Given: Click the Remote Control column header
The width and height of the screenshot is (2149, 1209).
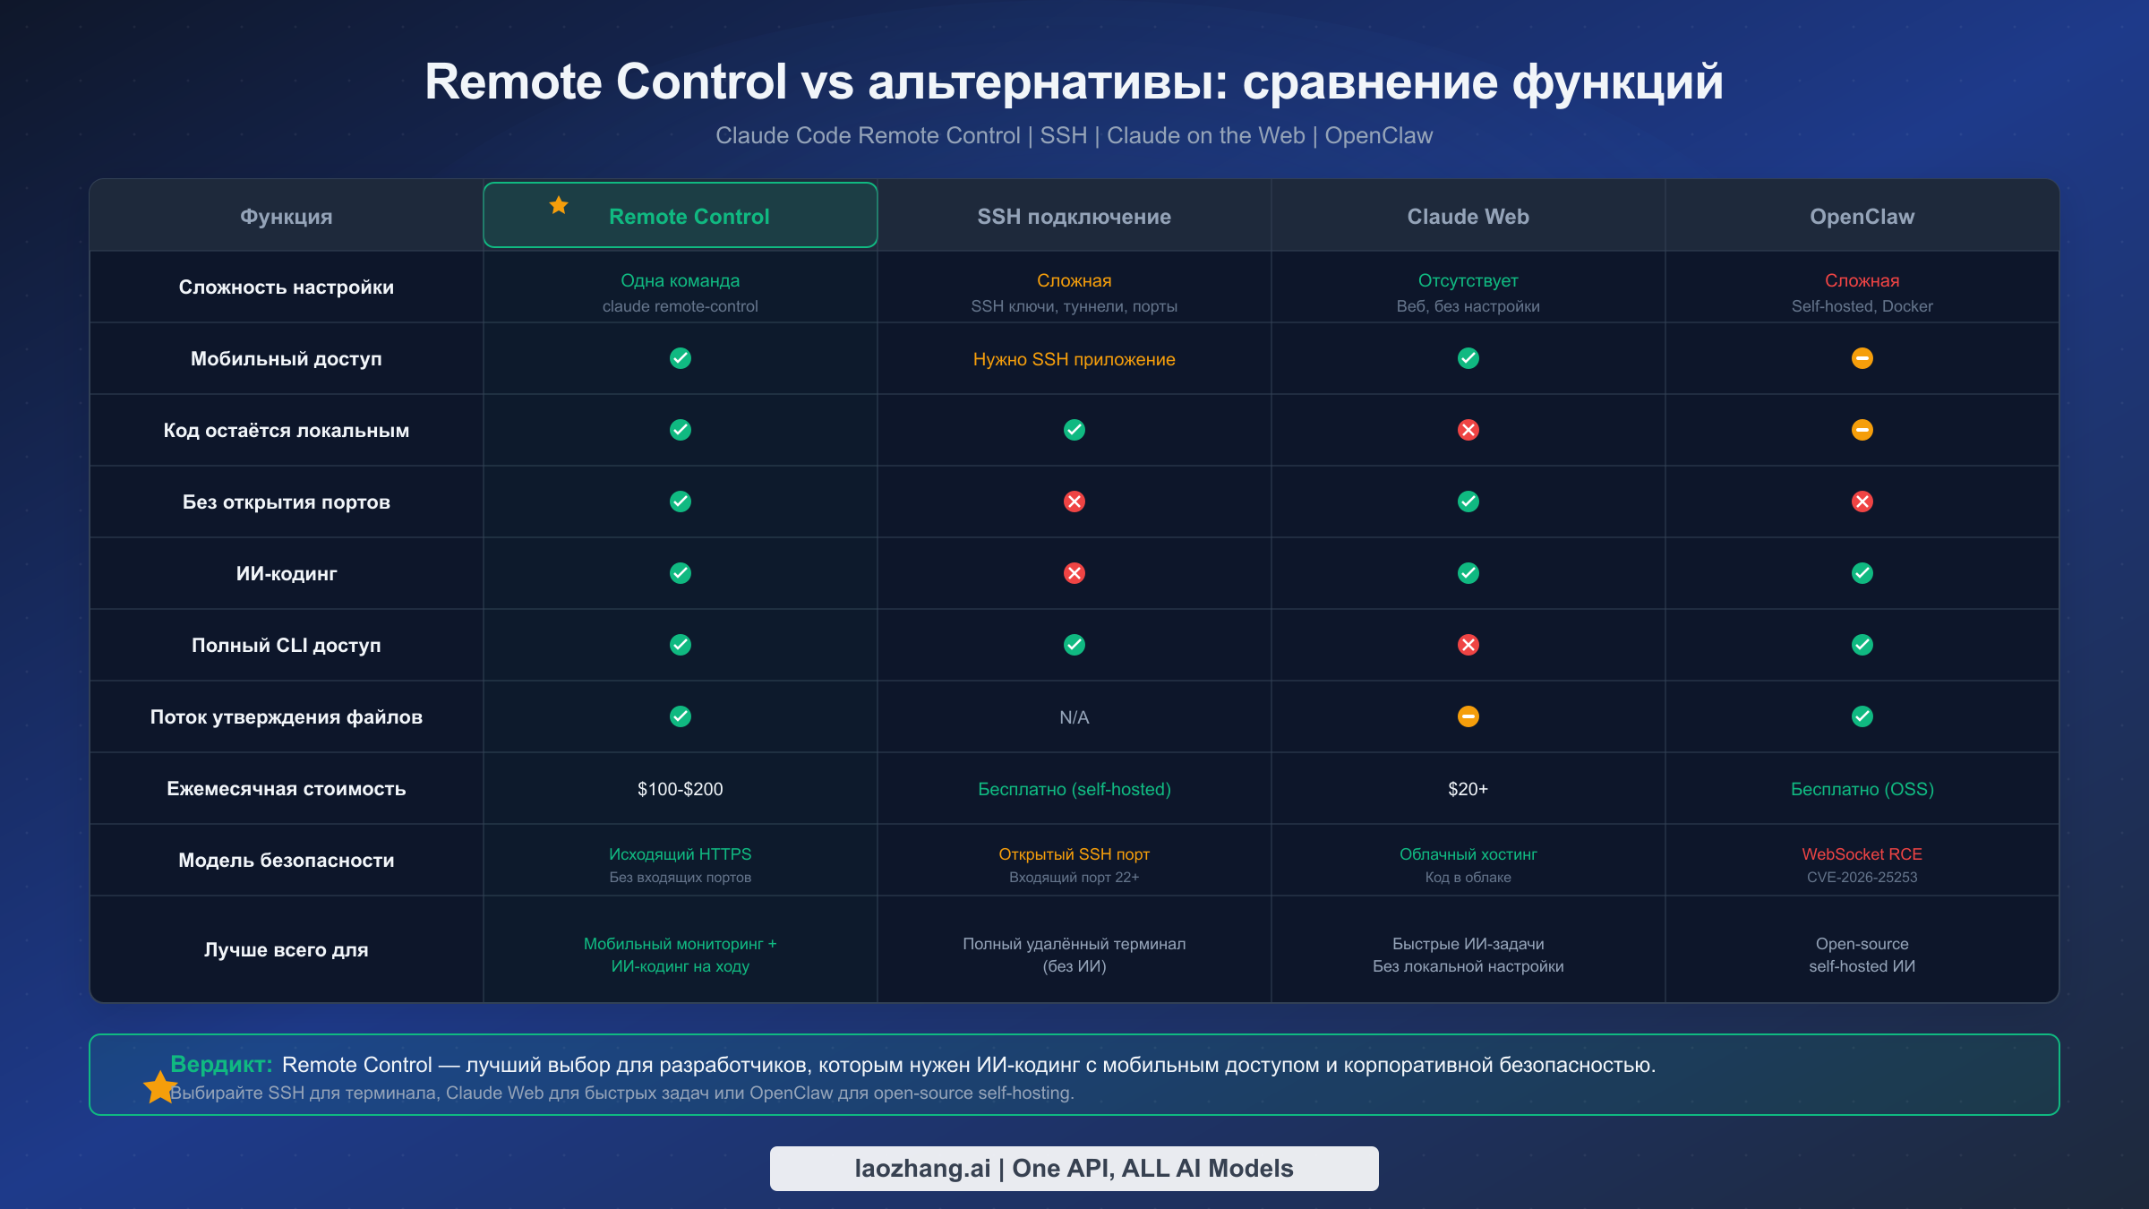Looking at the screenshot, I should [x=689, y=217].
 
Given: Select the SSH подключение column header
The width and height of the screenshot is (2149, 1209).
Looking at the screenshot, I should [x=1074, y=217].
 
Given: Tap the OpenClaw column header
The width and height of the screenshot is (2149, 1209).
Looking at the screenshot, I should [x=1862, y=217].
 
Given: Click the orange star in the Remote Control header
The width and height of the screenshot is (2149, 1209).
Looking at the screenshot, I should [x=559, y=205].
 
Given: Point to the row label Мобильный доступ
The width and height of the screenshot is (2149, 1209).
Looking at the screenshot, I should [x=286, y=359].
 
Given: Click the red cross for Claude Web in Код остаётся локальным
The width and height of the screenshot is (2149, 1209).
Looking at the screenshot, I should [x=1468, y=430].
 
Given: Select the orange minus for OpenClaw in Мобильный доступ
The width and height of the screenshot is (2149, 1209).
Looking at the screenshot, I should [x=1862, y=358].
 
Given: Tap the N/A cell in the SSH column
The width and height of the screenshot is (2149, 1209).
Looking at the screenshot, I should [x=1074, y=717].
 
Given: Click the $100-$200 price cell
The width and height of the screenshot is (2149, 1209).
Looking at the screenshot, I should [x=680, y=789].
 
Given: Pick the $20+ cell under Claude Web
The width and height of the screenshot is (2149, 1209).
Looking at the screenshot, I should [x=1468, y=789].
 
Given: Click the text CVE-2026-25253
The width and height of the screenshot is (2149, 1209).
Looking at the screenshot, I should [x=1862, y=878].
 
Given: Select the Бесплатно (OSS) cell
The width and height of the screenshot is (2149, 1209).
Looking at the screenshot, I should [x=1862, y=789].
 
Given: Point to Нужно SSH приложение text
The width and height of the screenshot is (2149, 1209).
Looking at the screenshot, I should [x=1074, y=359].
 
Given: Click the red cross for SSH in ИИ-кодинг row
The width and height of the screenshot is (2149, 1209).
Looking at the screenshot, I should [x=1074, y=573].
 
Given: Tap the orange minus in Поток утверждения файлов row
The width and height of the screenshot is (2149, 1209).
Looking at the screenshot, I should [x=1468, y=716].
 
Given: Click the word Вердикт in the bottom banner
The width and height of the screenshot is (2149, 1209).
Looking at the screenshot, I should [x=220, y=1064].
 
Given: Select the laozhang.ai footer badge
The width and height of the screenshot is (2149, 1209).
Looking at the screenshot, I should [x=1074, y=1169].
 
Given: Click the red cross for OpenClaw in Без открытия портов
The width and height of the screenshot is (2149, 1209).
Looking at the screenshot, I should [x=1862, y=502].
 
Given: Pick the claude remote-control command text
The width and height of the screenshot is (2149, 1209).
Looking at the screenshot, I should [x=680, y=306].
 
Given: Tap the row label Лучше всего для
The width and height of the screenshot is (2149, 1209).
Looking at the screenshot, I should [x=286, y=950].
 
